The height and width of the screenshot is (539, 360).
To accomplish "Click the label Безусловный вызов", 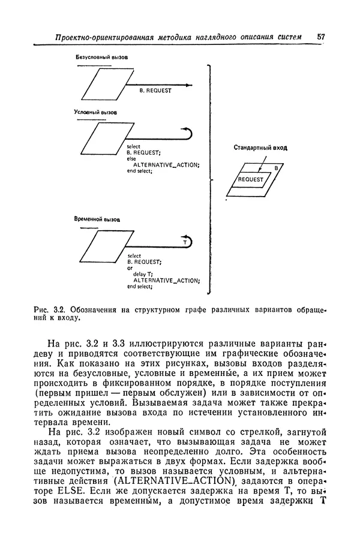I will coord(101,58).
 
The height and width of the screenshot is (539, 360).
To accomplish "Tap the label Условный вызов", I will coord(95,112).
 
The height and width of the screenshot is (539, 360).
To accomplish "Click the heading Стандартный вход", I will coord(260,147).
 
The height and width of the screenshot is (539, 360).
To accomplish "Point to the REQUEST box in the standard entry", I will coord(251,179).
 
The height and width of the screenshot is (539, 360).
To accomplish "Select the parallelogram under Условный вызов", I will coord(100,141).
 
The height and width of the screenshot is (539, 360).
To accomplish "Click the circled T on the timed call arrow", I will coord(186,242).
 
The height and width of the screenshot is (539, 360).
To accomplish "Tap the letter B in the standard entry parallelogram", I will coord(276,168).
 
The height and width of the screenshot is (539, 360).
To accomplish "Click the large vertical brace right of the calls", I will coord(209,180).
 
